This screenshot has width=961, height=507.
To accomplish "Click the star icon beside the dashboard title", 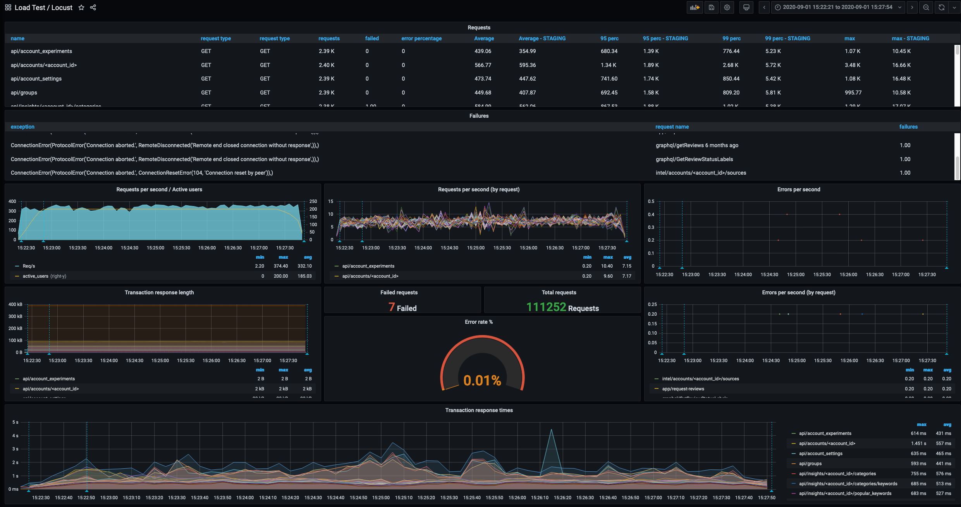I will click(81, 7).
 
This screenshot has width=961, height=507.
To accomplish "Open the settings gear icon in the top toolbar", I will click(727, 7).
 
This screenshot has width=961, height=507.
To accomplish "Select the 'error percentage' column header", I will click(421, 38).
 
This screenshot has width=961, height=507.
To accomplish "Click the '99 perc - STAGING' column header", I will click(787, 38).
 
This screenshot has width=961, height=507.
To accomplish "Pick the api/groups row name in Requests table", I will click(24, 93).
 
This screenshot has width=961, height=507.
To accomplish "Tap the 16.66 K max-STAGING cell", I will click(901, 65).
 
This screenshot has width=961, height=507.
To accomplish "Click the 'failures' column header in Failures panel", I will click(908, 127).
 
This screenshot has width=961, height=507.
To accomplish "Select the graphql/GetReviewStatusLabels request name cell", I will click(694, 159).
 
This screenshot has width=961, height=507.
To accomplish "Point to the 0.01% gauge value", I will click(482, 380).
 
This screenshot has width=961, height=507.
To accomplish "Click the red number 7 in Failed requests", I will click(392, 307).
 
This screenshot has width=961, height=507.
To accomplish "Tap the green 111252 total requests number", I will click(546, 307).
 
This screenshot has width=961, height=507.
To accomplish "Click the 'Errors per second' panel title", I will click(799, 189).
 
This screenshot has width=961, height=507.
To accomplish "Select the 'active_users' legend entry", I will click(36, 276).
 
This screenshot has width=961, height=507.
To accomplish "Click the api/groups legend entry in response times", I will click(810, 464).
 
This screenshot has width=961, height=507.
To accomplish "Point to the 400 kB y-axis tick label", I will click(15, 304).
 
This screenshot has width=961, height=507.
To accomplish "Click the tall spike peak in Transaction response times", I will click(551, 430).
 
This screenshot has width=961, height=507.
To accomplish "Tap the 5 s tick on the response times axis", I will click(15, 422).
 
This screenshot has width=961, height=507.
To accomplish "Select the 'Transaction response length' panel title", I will click(159, 292).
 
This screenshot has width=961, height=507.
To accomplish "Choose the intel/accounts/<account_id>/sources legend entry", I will click(700, 379).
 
